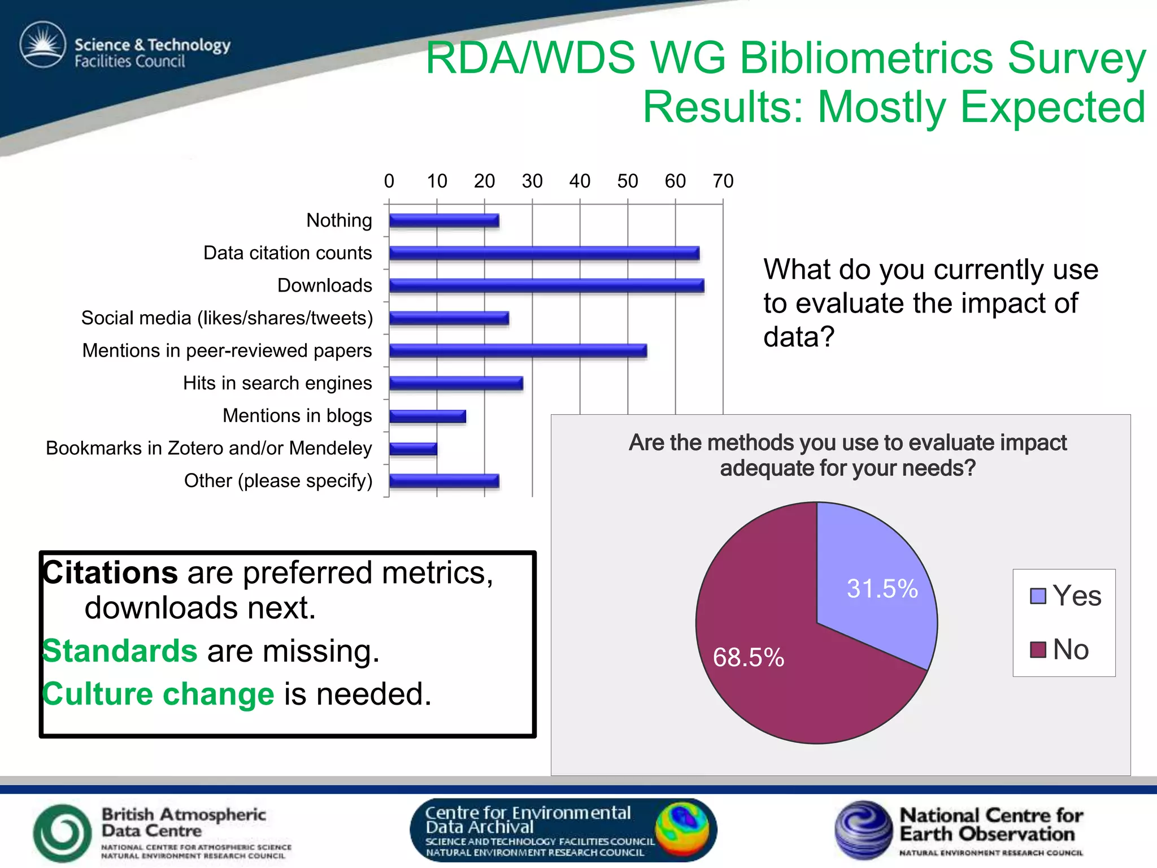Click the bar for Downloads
546,286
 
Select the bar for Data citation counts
544,253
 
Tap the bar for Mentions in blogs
428,416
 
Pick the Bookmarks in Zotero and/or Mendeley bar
413,449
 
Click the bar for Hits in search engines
456,384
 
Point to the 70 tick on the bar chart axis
723,181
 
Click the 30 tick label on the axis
532,181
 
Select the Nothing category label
339,220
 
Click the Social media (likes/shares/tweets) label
227,318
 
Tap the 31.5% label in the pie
882,589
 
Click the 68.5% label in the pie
749,658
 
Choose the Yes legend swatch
1038,596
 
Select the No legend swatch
1038,650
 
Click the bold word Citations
111,573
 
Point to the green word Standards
120,651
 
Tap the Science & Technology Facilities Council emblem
43,45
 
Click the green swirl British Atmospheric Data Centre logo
62,833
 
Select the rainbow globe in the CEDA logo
682,829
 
